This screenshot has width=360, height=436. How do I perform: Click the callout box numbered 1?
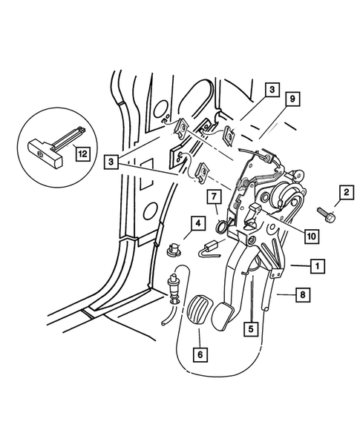coord(316,265)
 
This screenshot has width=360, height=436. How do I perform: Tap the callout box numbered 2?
coord(344,194)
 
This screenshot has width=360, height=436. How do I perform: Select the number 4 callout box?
coord(198,222)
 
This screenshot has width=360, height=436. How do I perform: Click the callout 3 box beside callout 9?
coord(272,90)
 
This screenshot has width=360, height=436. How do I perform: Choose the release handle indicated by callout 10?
coord(250,216)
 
